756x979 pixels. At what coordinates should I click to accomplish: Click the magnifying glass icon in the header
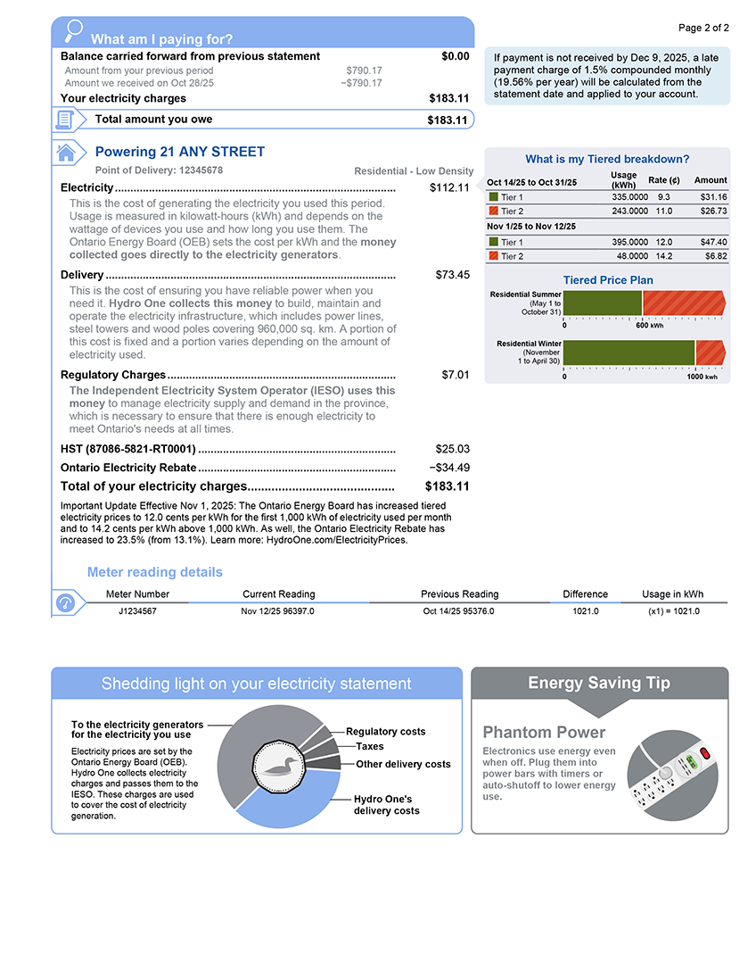click(74, 30)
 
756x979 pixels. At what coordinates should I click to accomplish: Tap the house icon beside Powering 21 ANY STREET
click(65, 153)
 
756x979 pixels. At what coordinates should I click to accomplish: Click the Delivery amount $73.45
click(452, 275)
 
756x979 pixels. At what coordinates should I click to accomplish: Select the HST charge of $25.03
click(452, 449)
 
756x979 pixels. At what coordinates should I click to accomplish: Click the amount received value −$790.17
click(361, 83)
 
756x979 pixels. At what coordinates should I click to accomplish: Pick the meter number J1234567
click(137, 611)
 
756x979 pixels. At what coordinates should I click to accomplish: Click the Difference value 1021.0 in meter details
click(585, 611)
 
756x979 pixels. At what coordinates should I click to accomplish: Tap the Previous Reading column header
click(459, 594)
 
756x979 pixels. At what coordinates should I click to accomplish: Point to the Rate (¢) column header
click(663, 180)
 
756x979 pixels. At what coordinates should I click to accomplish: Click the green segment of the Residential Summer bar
click(603, 303)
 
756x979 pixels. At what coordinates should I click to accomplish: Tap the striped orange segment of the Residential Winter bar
click(710, 353)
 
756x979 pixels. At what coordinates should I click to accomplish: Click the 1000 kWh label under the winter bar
click(701, 377)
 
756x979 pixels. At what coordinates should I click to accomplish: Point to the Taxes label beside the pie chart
click(370, 746)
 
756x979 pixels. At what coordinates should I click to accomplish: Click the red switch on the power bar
click(706, 753)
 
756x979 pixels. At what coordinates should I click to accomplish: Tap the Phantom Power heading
click(531, 733)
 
